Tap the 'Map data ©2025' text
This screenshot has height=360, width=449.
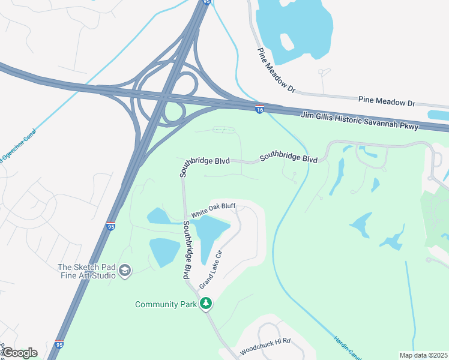pyautogui.click(x=423, y=355)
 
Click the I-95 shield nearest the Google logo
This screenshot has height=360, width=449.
pyautogui.click(x=59, y=345)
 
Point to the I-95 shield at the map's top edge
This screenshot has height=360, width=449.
pyautogui.click(x=207, y=2)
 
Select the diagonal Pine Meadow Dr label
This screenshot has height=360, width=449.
pyautogui.click(x=277, y=70)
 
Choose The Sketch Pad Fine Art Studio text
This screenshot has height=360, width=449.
pyautogui.click(x=86, y=271)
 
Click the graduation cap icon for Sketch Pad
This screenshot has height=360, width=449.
pyautogui.click(x=125, y=271)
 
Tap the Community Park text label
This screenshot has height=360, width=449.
pyautogui.click(x=166, y=304)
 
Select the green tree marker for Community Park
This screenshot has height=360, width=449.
pyautogui.click(x=206, y=304)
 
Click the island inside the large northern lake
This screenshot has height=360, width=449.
pyautogui.click(x=287, y=41)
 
